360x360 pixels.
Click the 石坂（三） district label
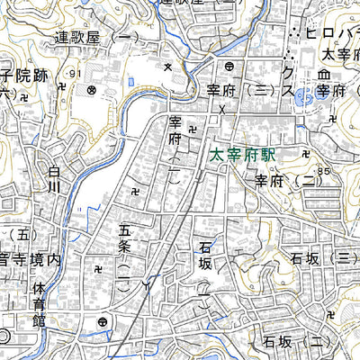pyautogui.click(x=319, y=259)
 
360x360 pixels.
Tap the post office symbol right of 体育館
pyautogui.click(x=103, y=322)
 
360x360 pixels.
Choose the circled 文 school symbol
pyautogui.click(x=91, y=90)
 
